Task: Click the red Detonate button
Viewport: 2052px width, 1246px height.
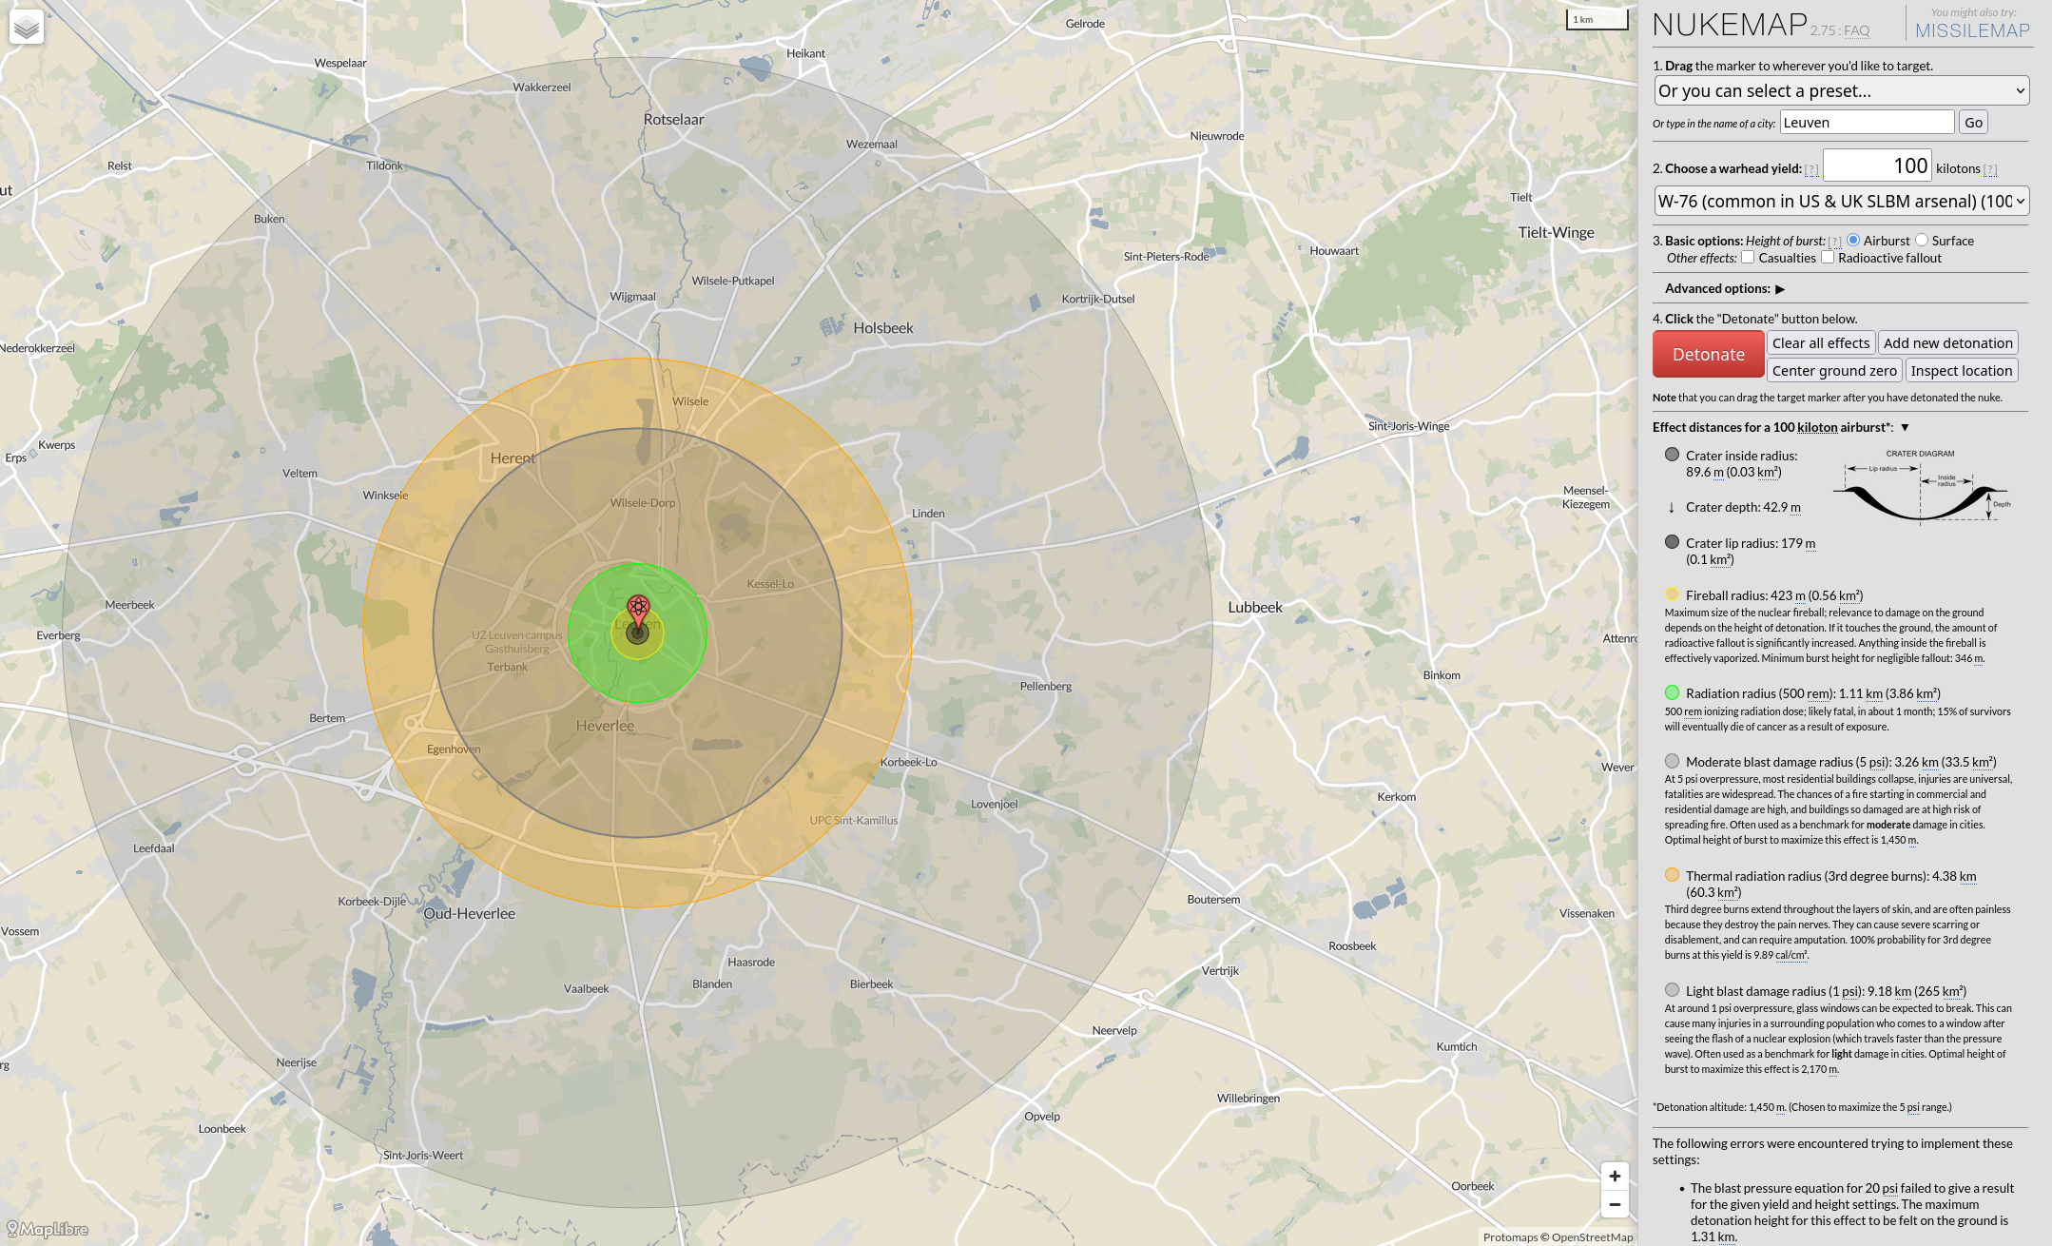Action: [x=1708, y=355]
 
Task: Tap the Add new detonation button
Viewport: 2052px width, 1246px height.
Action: [x=1947, y=343]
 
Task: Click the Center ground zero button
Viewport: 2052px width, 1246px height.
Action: [x=1834, y=371]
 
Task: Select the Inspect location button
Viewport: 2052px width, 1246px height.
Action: [x=1961, y=371]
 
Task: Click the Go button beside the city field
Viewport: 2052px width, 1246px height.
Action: [x=1973, y=123]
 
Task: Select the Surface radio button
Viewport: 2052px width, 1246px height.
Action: [x=1922, y=241]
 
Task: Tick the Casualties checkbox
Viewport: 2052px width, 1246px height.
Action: [x=1748, y=258]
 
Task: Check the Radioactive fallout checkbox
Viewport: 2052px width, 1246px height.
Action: [x=1828, y=258]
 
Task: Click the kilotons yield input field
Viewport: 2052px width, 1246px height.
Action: [x=1877, y=166]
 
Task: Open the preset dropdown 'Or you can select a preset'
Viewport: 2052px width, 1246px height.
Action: [x=1841, y=91]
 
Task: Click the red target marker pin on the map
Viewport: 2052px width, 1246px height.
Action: [x=638, y=610]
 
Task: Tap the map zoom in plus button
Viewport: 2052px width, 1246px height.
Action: [x=1615, y=1177]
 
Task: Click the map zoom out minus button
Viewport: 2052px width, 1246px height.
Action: [x=1615, y=1204]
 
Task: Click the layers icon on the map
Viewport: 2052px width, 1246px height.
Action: [x=27, y=27]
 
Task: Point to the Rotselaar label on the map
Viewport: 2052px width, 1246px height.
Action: [x=673, y=120]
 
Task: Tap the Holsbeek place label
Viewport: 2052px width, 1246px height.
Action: [x=882, y=328]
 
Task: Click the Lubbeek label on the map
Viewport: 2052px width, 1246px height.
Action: [x=1255, y=608]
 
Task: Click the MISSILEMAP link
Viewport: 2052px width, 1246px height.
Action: [x=1972, y=30]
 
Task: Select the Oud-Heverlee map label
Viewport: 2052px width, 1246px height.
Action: [x=469, y=914]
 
